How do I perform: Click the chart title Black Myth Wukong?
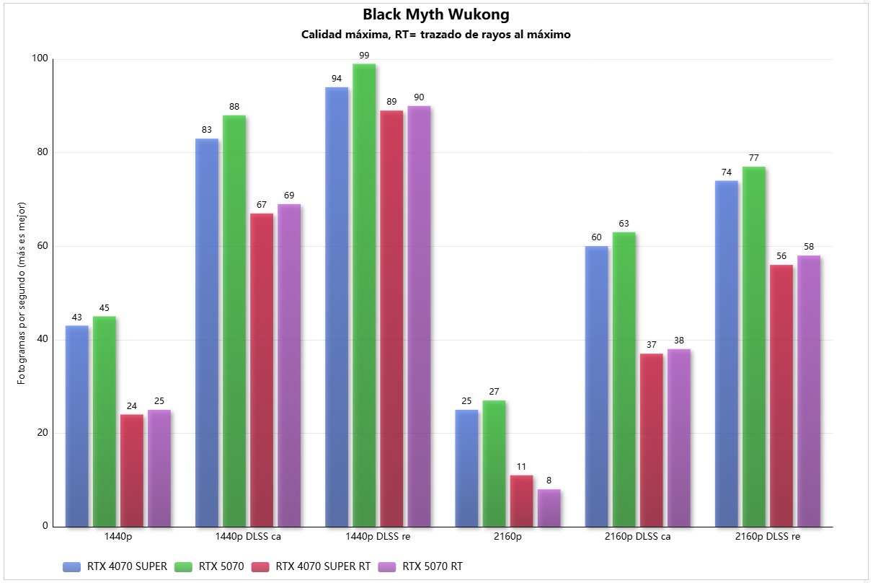click(x=436, y=14)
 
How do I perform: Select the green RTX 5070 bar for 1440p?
click(x=105, y=421)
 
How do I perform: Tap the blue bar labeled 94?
click(x=337, y=307)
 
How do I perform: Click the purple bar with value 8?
click(x=549, y=508)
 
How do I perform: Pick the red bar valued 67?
click(x=262, y=370)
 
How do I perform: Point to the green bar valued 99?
click(x=364, y=295)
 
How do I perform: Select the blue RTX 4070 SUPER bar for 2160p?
click(x=466, y=468)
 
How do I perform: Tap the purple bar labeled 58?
click(x=808, y=391)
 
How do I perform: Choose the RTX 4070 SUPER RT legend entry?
click(x=323, y=566)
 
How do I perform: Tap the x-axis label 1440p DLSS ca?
click(x=248, y=537)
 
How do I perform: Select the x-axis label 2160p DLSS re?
click(x=768, y=537)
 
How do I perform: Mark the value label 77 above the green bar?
click(x=754, y=158)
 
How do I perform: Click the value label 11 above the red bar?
click(x=521, y=467)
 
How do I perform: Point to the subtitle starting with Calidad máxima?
click(x=436, y=35)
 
